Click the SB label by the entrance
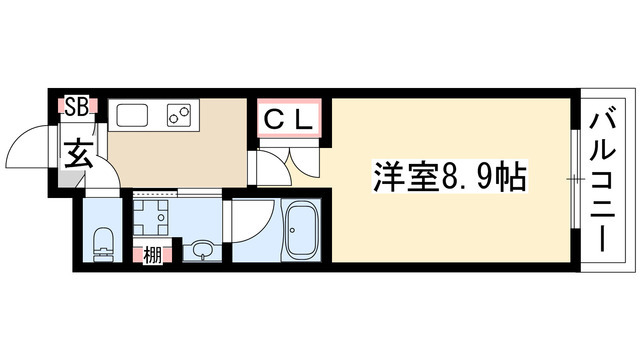[x=77, y=107]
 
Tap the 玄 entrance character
[x=78, y=154]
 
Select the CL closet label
[x=289, y=120]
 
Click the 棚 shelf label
[x=152, y=256]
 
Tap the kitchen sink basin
[x=132, y=115]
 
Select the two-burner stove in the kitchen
[x=179, y=115]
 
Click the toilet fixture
[x=102, y=244]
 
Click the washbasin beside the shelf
[x=201, y=250]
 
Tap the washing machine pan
[x=151, y=217]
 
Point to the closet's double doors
[x=303, y=162]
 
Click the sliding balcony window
[x=575, y=179]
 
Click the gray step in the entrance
[x=72, y=179]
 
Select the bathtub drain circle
[x=292, y=230]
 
